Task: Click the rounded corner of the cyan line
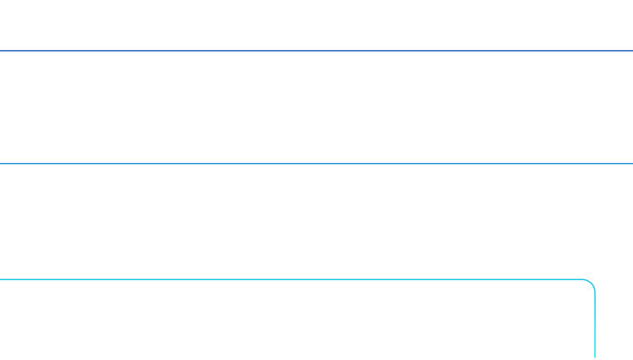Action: [x=591, y=284]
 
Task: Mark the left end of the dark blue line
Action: [x=2, y=51]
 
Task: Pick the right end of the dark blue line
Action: [x=631, y=51]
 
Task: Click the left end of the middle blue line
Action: [x=2, y=163]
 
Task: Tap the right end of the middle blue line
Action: [x=631, y=163]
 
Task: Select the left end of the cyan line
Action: [x=2, y=280]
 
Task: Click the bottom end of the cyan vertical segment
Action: [x=594, y=358]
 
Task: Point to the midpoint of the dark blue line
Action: [x=316, y=51]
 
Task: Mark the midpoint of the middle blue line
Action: [x=316, y=163]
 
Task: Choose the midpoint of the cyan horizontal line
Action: [x=293, y=280]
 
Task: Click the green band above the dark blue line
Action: [x=316, y=25]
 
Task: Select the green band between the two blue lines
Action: [x=316, y=107]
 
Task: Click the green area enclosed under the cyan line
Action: [x=297, y=321]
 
